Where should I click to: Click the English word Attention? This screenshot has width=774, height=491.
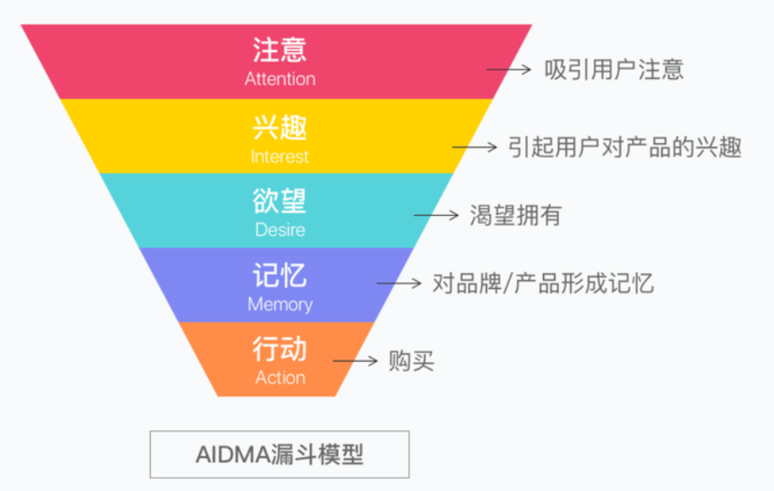(x=279, y=79)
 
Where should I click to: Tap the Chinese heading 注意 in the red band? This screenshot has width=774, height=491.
(x=279, y=49)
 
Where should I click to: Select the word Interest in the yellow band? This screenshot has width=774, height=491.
(x=279, y=157)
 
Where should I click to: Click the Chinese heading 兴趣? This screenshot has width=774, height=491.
(x=279, y=128)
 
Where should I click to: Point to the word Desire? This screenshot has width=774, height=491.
(x=279, y=231)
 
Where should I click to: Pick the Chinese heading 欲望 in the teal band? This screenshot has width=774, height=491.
(x=279, y=201)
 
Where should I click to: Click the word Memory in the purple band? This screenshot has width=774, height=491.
(x=279, y=304)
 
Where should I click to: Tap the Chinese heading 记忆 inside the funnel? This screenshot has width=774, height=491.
(x=279, y=275)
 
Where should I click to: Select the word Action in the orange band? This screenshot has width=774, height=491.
(x=279, y=378)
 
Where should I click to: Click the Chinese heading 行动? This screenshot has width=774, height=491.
(x=279, y=349)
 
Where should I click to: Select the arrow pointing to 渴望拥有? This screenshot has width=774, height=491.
(x=436, y=215)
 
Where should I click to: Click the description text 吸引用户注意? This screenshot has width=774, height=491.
(x=613, y=69)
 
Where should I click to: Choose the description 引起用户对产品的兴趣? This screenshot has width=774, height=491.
(x=625, y=147)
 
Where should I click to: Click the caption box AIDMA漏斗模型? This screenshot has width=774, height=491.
(x=279, y=455)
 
